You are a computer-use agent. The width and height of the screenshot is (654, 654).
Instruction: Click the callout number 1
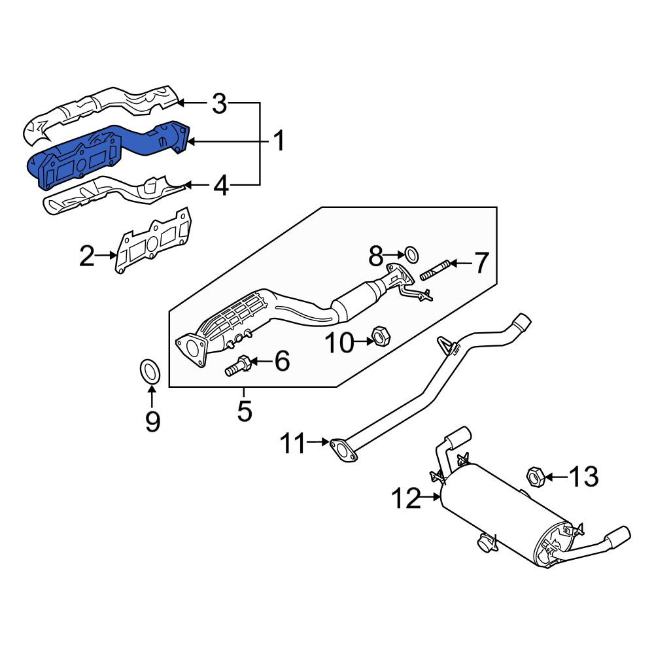point(279,141)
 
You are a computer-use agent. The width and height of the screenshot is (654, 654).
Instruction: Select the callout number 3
point(219,103)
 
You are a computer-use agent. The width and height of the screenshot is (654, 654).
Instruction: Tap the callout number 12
point(407,498)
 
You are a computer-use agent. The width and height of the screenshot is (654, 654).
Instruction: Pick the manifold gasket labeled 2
point(154,241)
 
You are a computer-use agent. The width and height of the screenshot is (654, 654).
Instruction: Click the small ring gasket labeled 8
point(411,254)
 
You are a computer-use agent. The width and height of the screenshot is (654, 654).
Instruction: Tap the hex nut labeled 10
point(381,336)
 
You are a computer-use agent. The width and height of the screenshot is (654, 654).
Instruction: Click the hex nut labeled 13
point(535,477)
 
